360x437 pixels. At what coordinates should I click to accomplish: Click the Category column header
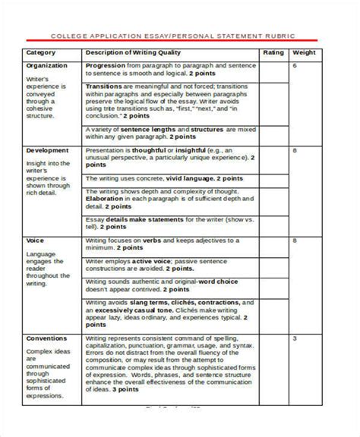[x=42, y=53]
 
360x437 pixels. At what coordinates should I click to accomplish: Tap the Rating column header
[x=273, y=53]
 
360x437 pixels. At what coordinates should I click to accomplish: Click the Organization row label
[x=46, y=66]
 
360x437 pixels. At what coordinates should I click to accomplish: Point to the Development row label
[x=46, y=150]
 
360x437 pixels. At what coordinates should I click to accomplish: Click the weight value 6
[x=294, y=66]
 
